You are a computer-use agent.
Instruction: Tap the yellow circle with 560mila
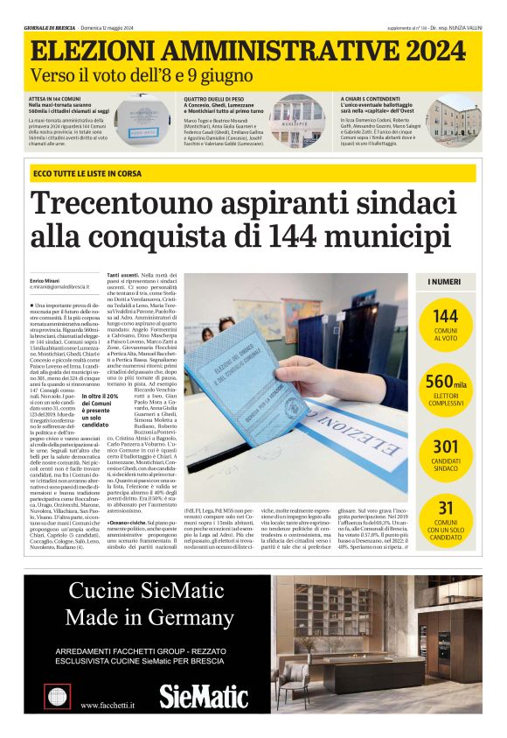coord(446,390)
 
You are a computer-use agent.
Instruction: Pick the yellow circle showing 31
coord(446,516)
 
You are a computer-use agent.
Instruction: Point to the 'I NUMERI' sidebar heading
coord(445,282)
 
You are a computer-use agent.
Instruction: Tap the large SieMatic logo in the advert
coord(204,696)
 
